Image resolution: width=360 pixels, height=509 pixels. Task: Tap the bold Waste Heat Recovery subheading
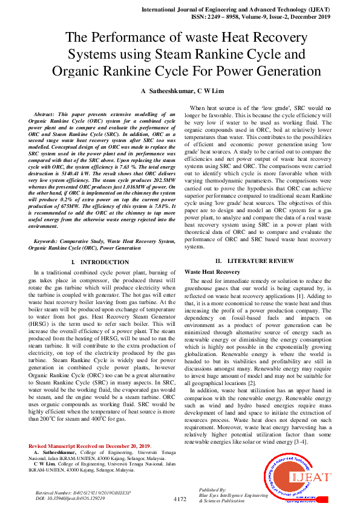[x=212, y=272]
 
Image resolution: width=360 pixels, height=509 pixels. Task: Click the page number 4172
[x=180, y=499]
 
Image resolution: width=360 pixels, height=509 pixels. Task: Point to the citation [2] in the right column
[x=252, y=383]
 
